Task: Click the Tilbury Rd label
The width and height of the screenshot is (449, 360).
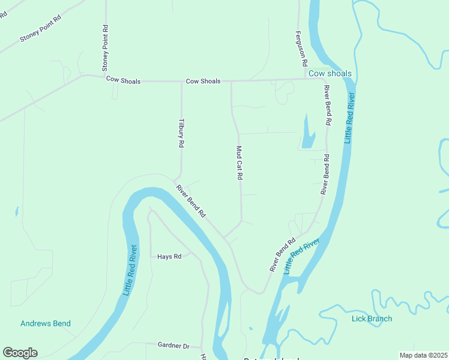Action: (x=181, y=132)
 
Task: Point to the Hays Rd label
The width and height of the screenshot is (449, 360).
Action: (x=169, y=257)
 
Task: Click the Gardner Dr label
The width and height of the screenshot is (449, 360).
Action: (x=173, y=346)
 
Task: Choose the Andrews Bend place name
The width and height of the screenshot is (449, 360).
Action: (x=46, y=323)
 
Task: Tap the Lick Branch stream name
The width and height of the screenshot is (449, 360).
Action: (x=372, y=319)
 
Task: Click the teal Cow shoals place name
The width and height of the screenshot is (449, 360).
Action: (x=330, y=74)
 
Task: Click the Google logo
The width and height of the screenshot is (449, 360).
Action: (x=20, y=353)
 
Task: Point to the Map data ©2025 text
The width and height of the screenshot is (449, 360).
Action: (x=423, y=355)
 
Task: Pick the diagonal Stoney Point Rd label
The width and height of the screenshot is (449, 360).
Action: (x=41, y=29)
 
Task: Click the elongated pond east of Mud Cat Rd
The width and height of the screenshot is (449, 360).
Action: (x=308, y=133)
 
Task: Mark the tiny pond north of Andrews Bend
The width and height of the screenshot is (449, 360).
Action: (x=16, y=211)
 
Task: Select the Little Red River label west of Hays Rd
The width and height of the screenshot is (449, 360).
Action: (x=131, y=270)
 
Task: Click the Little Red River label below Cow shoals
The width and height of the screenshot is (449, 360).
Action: (x=349, y=118)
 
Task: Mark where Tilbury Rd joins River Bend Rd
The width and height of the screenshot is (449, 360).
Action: (x=175, y=179)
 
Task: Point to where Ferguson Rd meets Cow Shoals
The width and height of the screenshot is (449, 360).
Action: (x=307, y=79)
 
